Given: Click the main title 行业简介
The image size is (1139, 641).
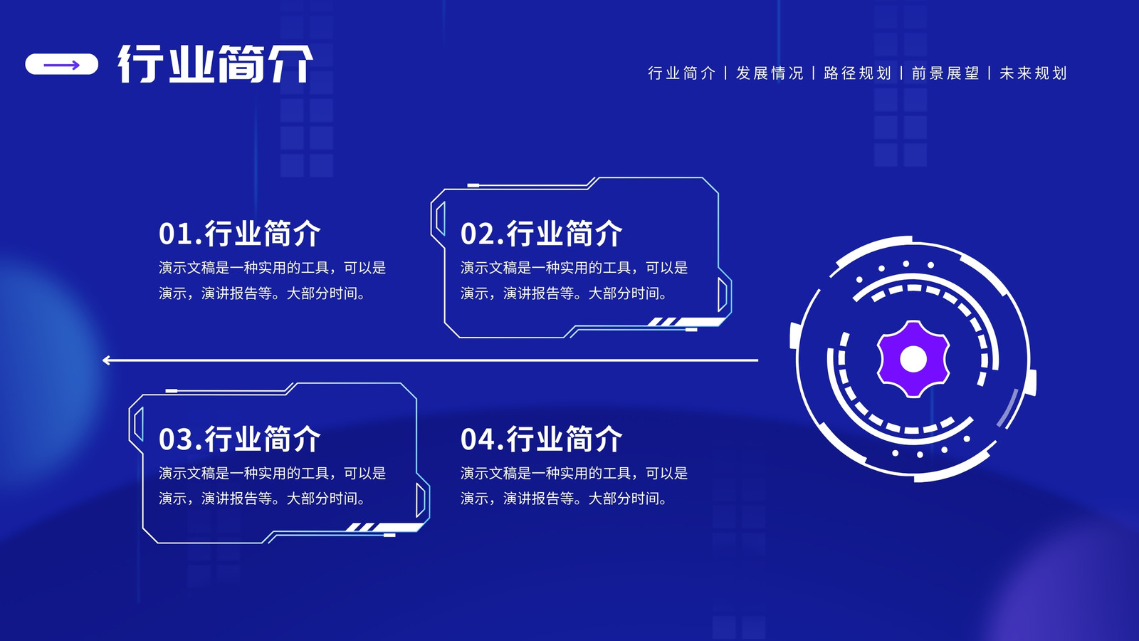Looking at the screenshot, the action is point(215,63).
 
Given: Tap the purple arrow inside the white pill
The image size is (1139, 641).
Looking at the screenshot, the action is point(61,65).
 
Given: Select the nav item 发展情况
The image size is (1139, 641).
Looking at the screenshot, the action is point(770,73).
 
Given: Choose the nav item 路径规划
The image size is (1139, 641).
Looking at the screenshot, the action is point(857,73).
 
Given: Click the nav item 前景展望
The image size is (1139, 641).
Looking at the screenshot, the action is point(945,73).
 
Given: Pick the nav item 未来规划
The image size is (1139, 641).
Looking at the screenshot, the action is point(1033,73).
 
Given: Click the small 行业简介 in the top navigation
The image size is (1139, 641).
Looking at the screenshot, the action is point(681,73).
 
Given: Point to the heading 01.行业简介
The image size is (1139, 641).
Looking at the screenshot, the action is point(239,234).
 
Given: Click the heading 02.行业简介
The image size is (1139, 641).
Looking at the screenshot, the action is point(541,234).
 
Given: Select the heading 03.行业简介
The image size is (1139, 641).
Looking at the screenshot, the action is point(239,439).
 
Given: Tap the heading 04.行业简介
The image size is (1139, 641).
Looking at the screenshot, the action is point(541,439).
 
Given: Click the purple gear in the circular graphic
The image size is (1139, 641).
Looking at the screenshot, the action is point(913,359).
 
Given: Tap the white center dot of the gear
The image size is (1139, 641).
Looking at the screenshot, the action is point(913,359).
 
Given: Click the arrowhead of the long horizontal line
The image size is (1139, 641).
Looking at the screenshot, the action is point(105,360).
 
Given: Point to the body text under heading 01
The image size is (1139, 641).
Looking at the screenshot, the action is point(272,281).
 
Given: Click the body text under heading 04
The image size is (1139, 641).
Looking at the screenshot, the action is point(574,486).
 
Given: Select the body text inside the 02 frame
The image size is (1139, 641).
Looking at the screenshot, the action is point(574,281).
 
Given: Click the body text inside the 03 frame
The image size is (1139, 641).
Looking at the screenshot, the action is point(272,486).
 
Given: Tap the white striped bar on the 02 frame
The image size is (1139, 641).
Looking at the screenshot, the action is point(686,321).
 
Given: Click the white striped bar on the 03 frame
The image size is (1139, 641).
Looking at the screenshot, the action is point(385,527).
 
